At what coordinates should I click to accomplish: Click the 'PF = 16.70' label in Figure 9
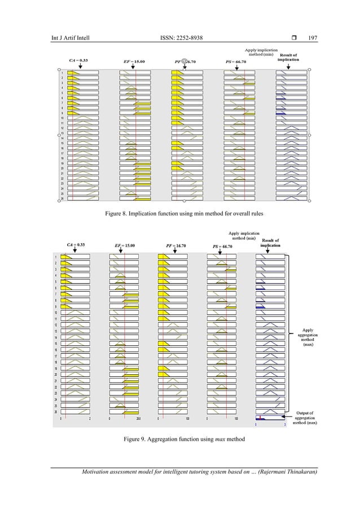(177, 246)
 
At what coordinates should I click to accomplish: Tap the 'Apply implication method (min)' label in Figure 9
(243, 235)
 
